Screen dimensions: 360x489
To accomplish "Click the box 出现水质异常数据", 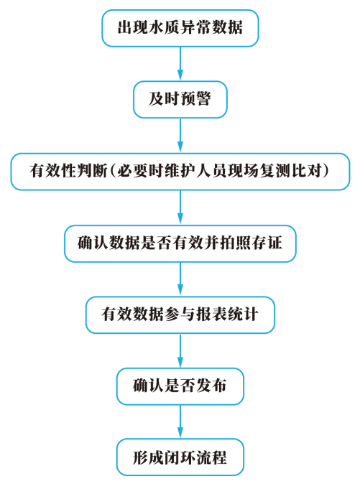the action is pyautogui.click(x=180, y=28).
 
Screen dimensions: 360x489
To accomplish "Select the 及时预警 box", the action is pyautogui.click(x=180, y=100).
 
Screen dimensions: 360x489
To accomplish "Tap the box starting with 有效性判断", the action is pyautogui.click(x=180, y=171).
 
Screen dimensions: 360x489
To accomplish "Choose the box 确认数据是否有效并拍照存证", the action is pyautogui.click(x=180, y=243).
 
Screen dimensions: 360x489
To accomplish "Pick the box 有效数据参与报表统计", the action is pyautogui.click(x=180, y=315).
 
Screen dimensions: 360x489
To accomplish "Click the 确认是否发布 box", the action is pyautogui.click(x=180, y=386).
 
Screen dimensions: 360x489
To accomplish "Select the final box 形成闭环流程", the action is pyautogui.click(x=180, y=457).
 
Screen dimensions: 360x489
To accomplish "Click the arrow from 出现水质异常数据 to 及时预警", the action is pyautogui.click(x=180, y=64).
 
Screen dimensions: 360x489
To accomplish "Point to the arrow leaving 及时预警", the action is pyautogui.click(x=180, y=135).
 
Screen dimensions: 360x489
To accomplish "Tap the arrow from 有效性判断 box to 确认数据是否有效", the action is pyautogui.click(x=180, y=208).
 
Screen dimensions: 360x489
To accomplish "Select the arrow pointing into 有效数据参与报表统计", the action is pyautogui.click(x=180, y=279).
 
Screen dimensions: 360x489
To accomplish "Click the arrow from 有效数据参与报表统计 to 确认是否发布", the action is pyautogui.click(x=180, y=350).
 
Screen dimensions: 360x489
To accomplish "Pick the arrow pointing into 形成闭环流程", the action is pyautogui.click(x=180, y=422).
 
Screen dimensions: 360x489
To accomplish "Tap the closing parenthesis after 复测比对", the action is pyautogui.click(x=326, y=171).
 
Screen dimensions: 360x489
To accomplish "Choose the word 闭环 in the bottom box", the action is pyautogui.click(x=180, y=457).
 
